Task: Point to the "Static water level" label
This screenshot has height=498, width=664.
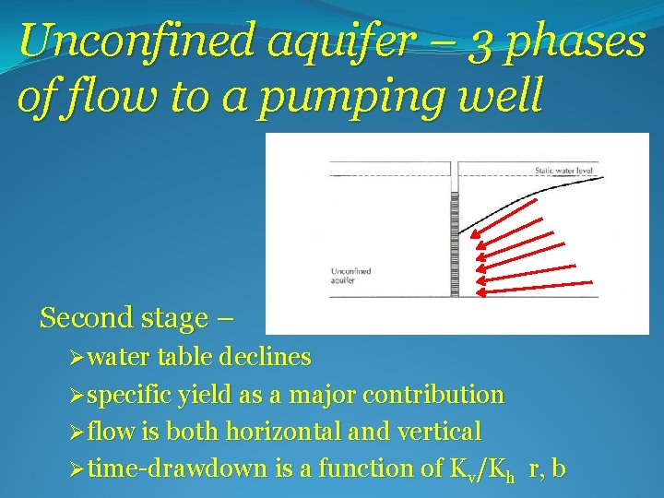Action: pyautogui.click(x=565, y=171)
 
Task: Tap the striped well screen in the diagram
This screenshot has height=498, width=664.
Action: pyautogui.click(x=453, y=244)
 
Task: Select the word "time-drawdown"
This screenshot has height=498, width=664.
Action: pyautogui.click(x=179, y=468)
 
